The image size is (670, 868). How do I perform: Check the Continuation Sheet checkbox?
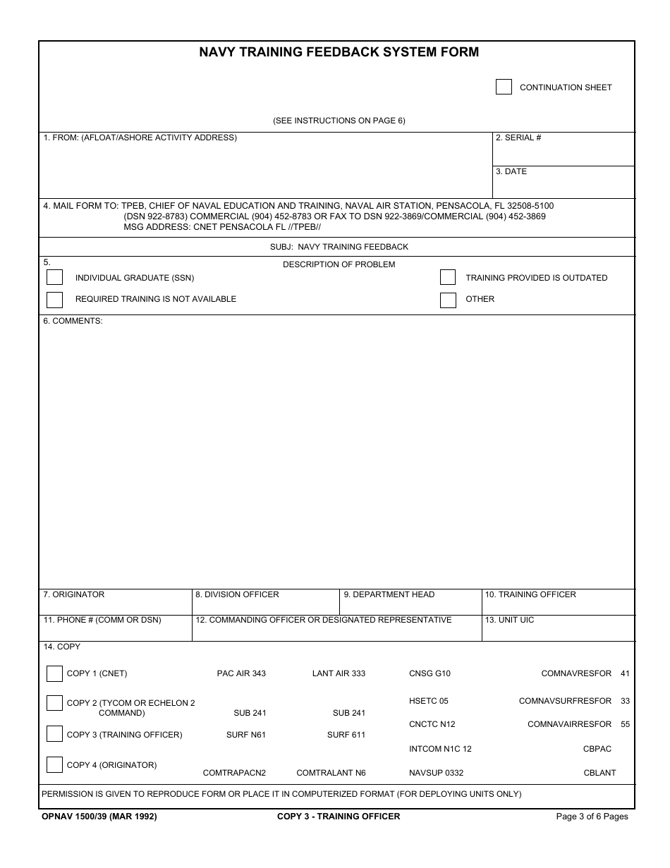click(504, 87)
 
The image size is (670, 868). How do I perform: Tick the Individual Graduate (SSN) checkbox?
click(54, 278)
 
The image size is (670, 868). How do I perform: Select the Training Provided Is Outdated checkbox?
click(448, 278)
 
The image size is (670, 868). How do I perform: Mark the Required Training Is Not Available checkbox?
click(54, 300)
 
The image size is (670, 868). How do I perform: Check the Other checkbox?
click(448, 300)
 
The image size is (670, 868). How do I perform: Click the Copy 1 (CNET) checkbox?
click(54, 673)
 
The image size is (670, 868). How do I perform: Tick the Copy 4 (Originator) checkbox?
click(54, 764)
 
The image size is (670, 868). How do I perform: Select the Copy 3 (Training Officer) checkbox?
click(54, 734)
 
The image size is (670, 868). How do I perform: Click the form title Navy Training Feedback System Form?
click(339, 52)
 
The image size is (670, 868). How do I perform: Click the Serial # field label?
click(518, 138)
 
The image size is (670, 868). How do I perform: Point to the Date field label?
click(511, 172)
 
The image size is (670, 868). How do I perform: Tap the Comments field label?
click(73, 322)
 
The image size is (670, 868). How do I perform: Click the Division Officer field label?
click(237, 595)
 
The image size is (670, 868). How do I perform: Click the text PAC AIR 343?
click(241, 674)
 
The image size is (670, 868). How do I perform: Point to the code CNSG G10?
click(430, 674)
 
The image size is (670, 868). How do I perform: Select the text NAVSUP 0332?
click(436, 774)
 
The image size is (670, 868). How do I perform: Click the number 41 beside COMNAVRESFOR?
click(625, 674)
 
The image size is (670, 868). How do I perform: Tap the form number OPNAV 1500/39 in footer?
click(99, 817)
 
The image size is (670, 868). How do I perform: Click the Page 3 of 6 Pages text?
click(592, 817)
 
